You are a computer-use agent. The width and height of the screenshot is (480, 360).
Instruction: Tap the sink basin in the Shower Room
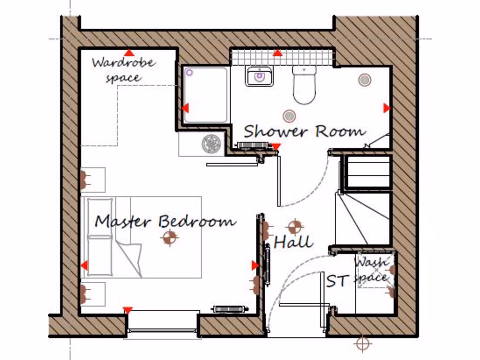click(259, 76)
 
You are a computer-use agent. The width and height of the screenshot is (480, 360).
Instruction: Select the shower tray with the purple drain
click(206, 95)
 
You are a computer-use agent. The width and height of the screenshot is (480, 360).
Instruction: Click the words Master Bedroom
click(165, 221)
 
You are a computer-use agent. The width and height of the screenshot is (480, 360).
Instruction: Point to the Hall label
click(293, 242)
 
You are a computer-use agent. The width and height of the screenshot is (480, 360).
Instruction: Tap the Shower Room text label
click(304, 131)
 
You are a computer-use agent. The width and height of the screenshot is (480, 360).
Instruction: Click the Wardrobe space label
click(123, 69)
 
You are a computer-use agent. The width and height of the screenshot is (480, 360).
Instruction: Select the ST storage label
click(337, 281)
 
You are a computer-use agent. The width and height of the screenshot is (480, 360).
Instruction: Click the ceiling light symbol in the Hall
click(295, 227)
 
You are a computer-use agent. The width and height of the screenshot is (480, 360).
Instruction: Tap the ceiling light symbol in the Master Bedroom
click(169, 238)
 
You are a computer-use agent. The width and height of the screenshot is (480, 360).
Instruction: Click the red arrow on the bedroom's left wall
click(84, 266)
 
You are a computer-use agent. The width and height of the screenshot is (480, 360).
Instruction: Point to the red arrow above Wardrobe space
click(128, 52)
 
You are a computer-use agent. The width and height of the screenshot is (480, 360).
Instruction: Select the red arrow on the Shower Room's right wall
click(386, 108)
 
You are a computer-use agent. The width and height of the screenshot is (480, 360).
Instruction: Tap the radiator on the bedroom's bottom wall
click(229, 309)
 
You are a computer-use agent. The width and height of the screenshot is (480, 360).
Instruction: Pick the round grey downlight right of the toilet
click(365, 80)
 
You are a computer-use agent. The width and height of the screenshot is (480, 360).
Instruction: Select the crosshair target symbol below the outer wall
click(362, 344)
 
